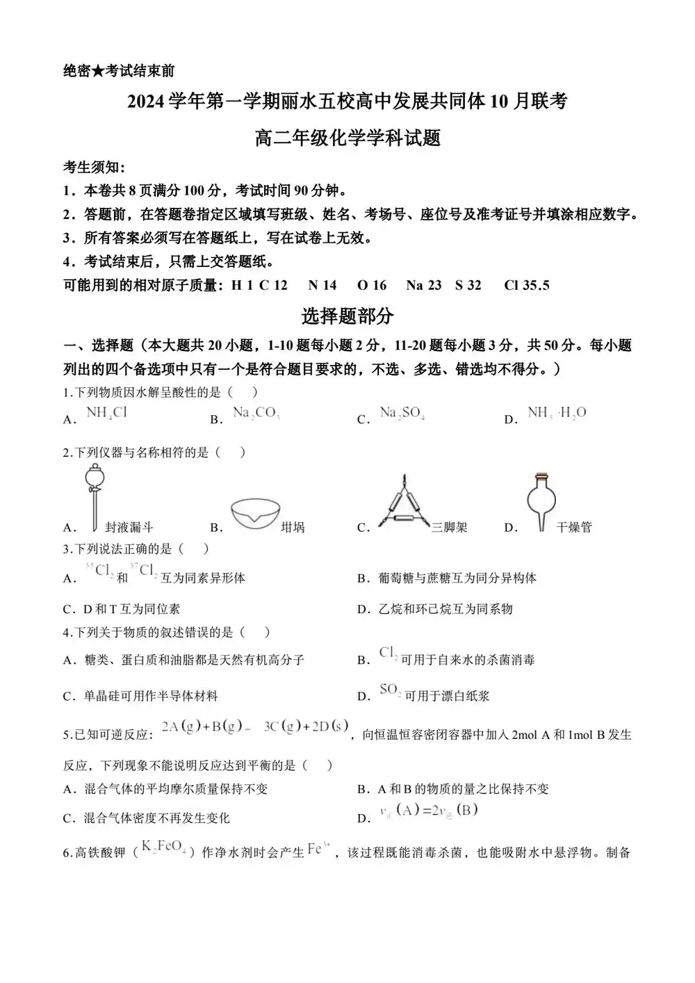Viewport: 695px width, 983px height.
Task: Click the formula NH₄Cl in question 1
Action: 106,412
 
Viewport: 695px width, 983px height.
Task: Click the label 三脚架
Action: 449,527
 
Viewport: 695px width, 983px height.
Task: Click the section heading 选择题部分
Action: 347,316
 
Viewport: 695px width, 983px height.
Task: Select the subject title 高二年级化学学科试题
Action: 347,138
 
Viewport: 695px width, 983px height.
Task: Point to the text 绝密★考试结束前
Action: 119,71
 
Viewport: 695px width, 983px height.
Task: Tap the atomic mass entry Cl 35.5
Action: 527,285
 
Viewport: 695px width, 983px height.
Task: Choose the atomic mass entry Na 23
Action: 424,285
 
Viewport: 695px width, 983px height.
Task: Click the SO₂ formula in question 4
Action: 390,690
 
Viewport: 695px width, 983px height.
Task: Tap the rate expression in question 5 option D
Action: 428,810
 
